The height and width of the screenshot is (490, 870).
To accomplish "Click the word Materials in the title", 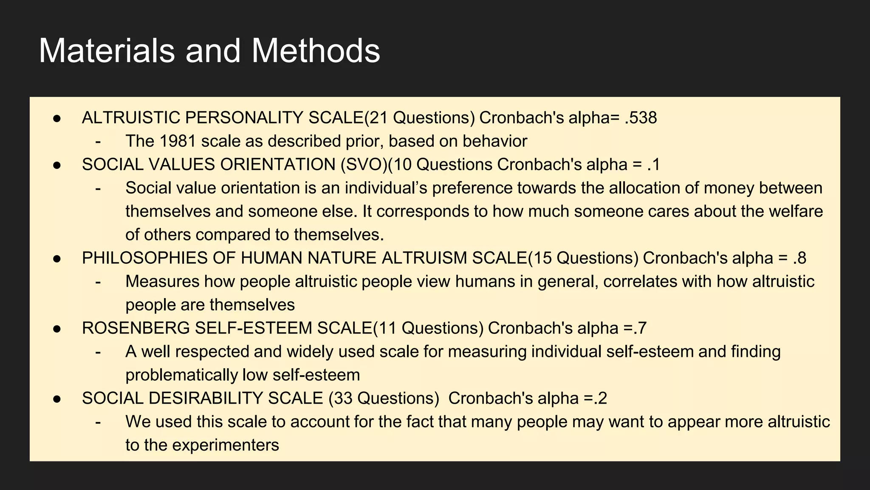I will [107, 51].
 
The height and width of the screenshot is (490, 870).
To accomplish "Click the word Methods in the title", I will [316, 51].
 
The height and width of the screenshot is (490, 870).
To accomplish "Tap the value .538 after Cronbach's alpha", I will [641, 118].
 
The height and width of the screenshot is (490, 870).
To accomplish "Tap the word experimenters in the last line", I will [226, 445].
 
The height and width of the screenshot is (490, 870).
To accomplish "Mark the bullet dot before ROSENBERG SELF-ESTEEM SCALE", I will [57, 329].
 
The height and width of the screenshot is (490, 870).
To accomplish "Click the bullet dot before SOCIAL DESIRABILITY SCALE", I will [57, 399].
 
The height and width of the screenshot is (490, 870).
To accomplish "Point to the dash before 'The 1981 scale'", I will [98, 141].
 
